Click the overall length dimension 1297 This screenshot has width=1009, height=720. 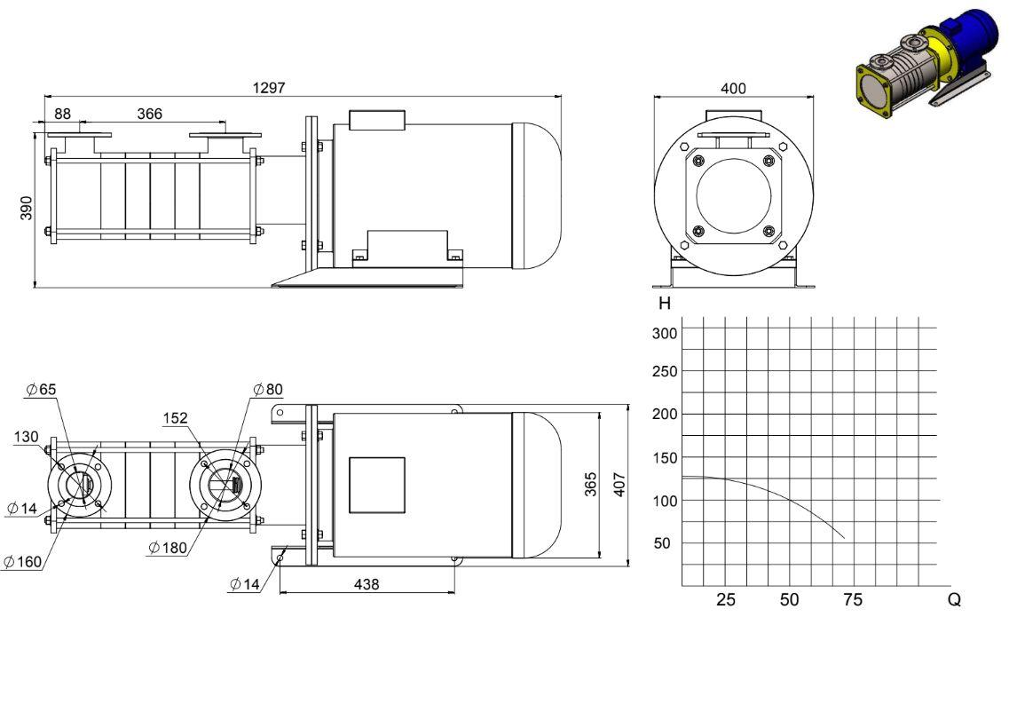click(268, 88)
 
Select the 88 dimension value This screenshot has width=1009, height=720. click(62, 114)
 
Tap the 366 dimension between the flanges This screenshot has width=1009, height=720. click(149, 114)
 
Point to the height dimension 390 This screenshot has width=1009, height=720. click(27, 208)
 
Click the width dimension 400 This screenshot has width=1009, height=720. click(733, 88)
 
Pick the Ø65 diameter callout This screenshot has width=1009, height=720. click(41, 389)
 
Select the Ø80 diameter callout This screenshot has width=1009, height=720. click(268, 389)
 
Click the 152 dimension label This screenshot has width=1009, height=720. click(175, 418)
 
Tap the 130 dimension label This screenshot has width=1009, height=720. click(27, 437)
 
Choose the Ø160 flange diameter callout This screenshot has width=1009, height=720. click(22, 562)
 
